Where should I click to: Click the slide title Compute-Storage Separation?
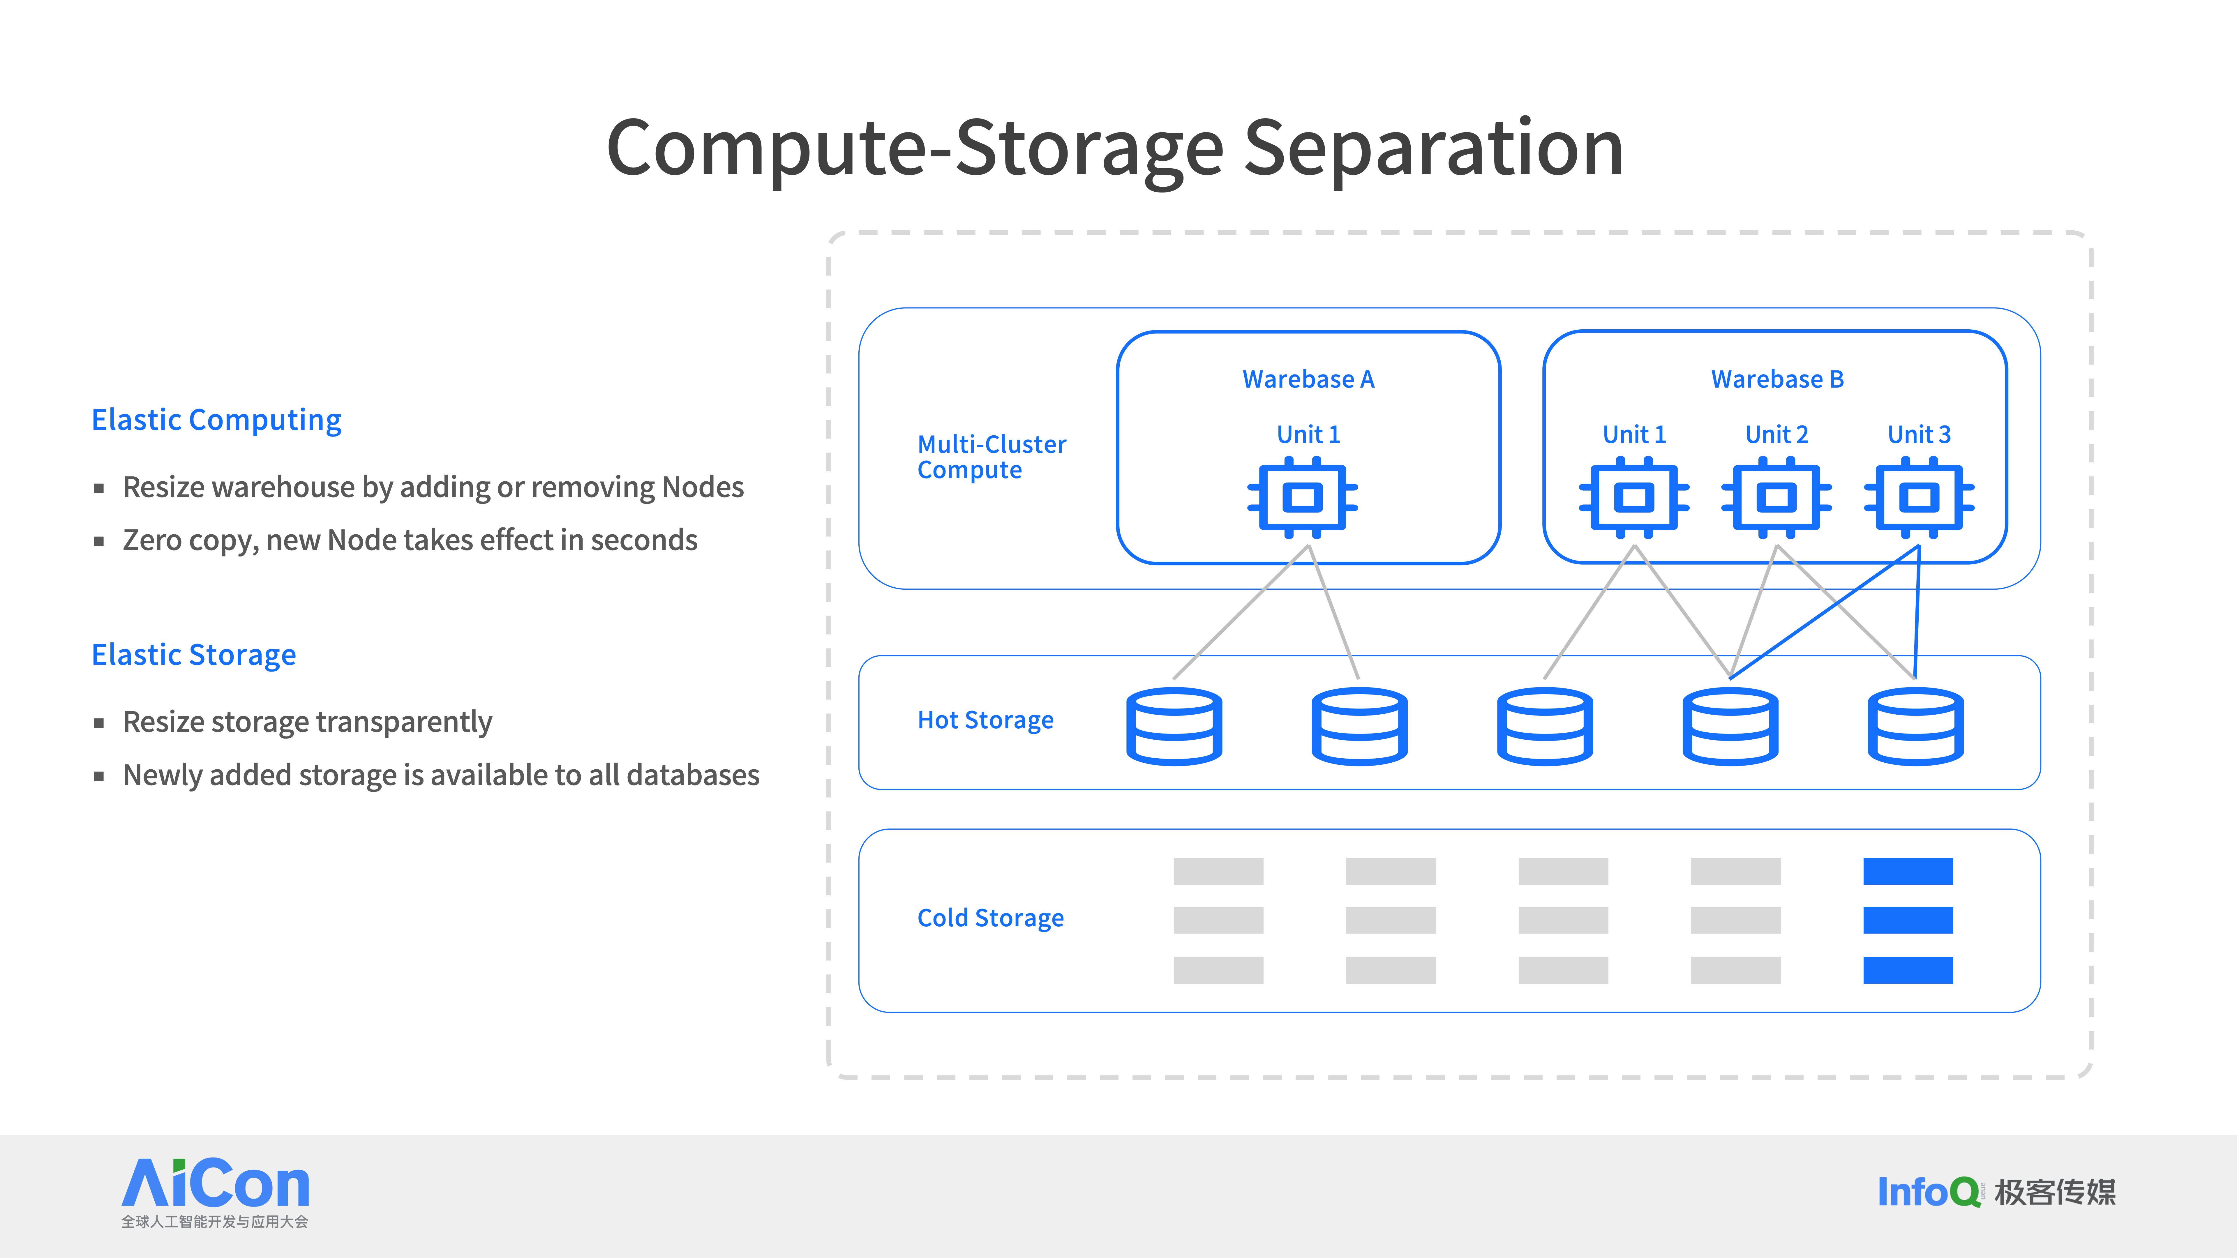click(x=1115, y=149)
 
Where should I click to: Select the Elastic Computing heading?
click(x=216, y=420)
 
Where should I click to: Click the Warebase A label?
click(x=1308, y=379)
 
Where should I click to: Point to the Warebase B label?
click(x=1777, y=379)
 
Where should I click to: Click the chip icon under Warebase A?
click(x=1303, y=497)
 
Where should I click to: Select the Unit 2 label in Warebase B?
click(x=1777, y=434)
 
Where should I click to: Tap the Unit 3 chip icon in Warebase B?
click(x=1919, y=497)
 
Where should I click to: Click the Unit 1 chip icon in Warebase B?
click(x=1634, y=497)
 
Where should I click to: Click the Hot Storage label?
click(x=986, y=721)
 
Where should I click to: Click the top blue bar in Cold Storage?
click(x=1908, y=871)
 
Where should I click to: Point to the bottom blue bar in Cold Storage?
click(x=1908, y=970)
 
